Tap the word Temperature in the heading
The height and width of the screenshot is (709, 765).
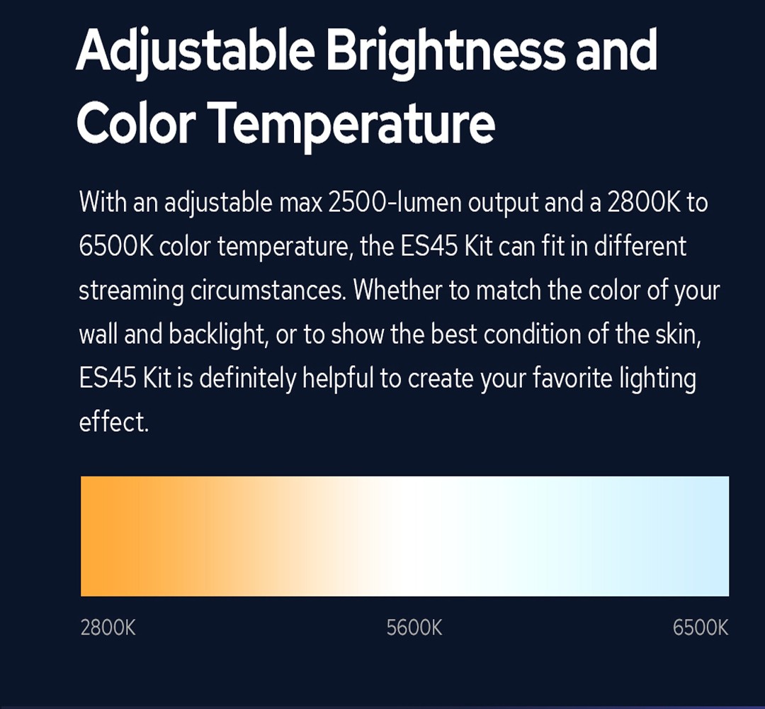pos(354,123)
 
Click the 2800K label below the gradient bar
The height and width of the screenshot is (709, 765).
pos(108,627)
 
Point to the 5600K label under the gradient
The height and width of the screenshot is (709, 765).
pos(414,627)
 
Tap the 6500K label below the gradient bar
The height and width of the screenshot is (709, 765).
pos(701,627)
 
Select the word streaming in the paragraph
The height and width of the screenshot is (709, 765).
pos(131,291)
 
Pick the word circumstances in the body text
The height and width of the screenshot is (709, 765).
pos(268,291)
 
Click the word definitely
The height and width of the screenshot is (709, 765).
pos(247,379)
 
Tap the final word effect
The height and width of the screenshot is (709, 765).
pos(113,421)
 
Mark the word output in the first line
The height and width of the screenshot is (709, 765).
pos(503,203)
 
